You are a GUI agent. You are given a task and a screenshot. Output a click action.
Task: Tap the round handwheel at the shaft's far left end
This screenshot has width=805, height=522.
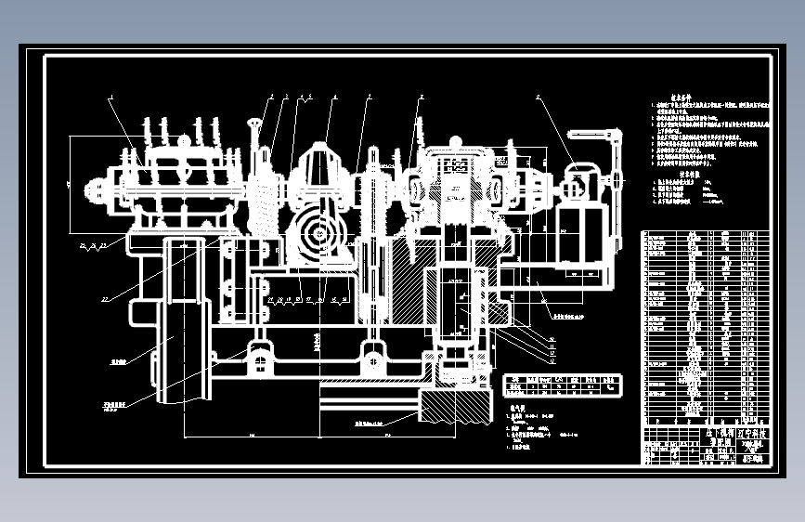[94, 190]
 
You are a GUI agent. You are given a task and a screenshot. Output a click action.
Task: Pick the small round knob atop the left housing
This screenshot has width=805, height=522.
[184, 140]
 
